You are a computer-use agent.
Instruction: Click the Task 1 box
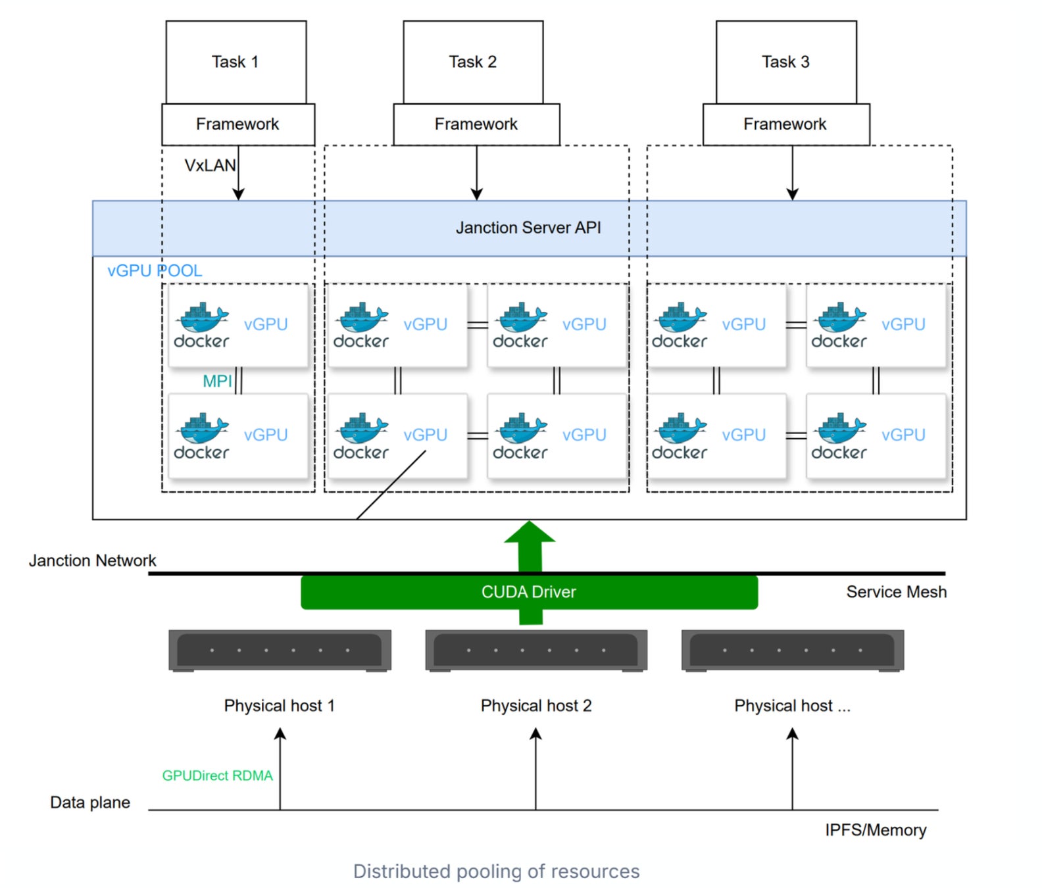[236, 62]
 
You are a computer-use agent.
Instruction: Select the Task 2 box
[473, 62]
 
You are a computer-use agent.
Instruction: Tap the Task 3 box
[786, 62]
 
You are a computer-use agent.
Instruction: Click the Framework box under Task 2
[476, 124]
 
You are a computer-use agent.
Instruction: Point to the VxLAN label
[209, 166]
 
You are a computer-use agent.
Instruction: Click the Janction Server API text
[528, 228]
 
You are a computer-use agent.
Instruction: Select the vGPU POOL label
[155, 271]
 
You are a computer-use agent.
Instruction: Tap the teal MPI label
[217, 381]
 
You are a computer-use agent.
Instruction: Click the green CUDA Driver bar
[529, 592]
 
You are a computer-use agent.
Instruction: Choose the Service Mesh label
[896, 592]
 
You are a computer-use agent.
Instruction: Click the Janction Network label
[92, 560]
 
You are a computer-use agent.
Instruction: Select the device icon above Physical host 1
[280, 651]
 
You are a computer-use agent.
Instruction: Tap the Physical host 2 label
[536, 706]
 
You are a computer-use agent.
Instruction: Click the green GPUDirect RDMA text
[217, 776]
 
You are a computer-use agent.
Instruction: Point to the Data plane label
[90, 802]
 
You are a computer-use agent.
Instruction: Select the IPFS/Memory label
[876, 830]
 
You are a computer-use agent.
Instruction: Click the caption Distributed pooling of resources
[496, 872]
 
